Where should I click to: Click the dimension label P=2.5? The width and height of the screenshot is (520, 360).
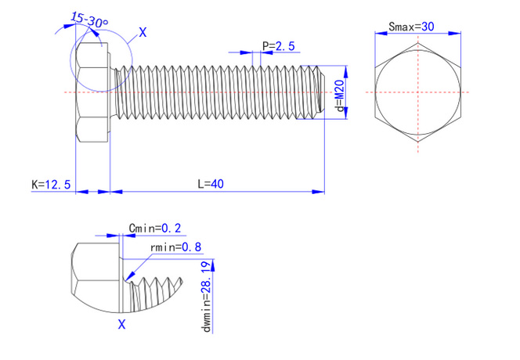coord(278,46)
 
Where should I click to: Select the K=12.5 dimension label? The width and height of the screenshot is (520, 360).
coord(51,185)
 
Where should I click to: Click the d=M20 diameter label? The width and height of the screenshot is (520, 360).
coord(339,94)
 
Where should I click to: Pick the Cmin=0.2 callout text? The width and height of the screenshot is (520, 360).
coord(154,228)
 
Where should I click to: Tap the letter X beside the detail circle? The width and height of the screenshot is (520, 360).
coord(142,32)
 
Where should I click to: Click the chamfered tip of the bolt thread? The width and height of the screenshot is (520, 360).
coord(320,92)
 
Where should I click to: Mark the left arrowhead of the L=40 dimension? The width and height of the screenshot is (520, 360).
coord(115,190)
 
